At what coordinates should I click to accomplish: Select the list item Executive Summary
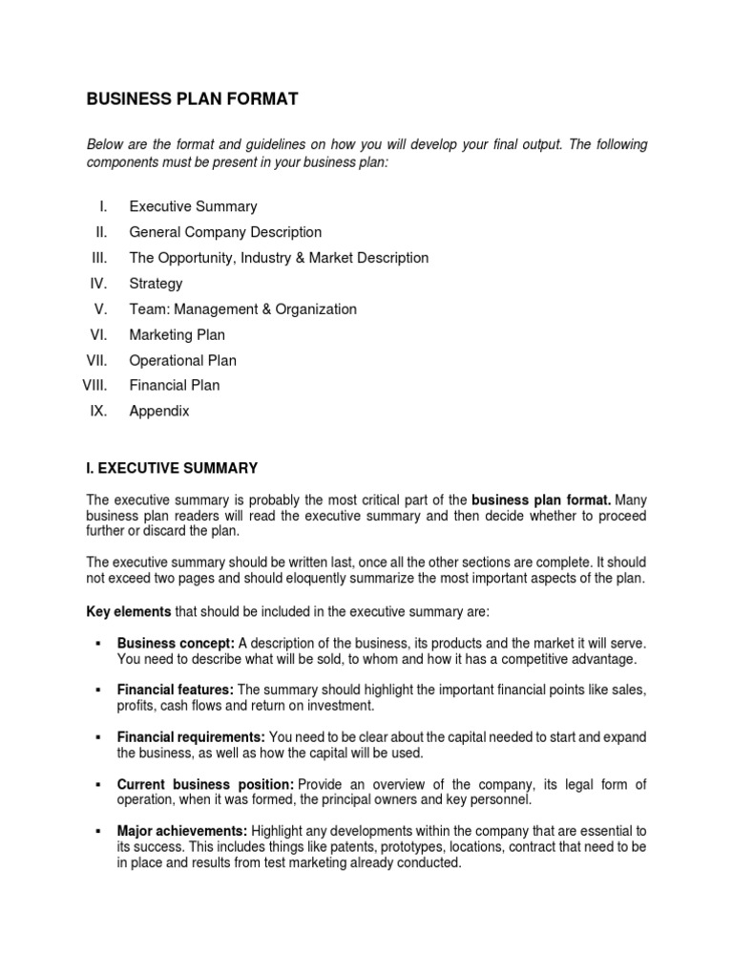(193, 206)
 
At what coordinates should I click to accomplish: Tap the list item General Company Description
(225, 232)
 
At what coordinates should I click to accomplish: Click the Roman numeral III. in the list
(100, 258)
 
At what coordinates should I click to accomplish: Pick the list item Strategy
(156, 284)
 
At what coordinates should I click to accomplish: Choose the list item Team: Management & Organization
(242, 309)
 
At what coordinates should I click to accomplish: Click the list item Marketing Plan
(177, 335)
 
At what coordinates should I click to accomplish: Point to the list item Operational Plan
(182, 361)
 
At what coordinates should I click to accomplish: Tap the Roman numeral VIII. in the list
(95, 386)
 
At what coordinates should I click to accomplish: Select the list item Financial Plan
(174, 386)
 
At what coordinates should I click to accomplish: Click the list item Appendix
(159, 412)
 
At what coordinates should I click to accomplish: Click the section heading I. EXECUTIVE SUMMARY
(172, 468)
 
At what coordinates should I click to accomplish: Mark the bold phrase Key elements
(129, 610)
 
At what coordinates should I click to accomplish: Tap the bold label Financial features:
(176, 690)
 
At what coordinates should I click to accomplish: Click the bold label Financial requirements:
(191, 737)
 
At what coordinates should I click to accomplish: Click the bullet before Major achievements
(98, 831)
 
